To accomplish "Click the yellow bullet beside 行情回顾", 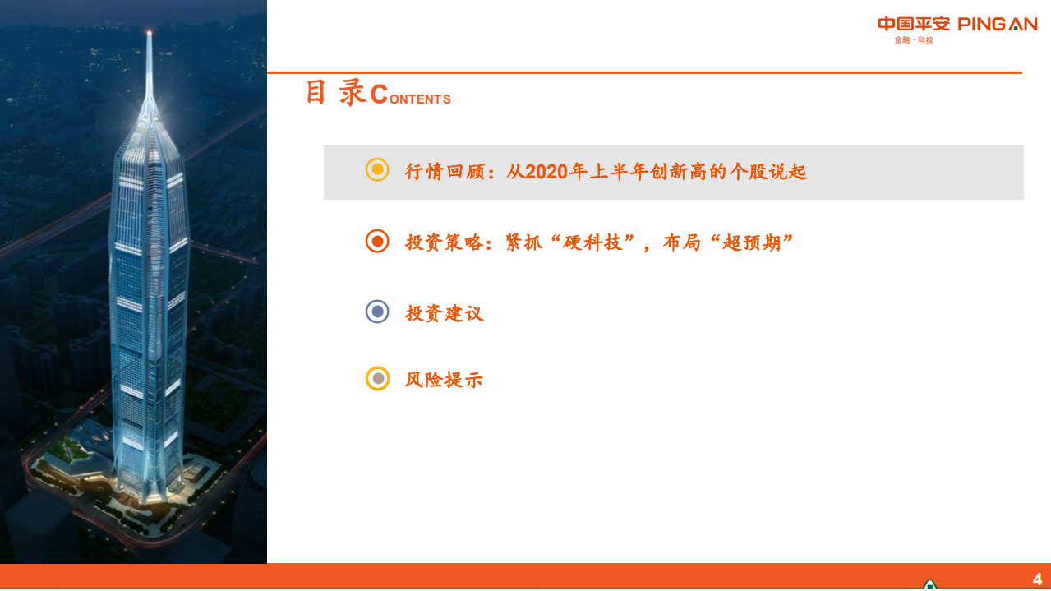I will [377, 170].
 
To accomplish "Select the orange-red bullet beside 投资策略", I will [377, 241].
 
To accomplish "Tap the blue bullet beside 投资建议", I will [377, 312].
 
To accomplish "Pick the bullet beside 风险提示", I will [377, 378].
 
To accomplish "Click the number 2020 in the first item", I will [546, 172].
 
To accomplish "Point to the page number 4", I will [1037, 579].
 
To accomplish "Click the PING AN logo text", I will [998, 24].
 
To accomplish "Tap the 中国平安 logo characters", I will [914, 24].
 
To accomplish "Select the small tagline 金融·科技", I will [914, 40].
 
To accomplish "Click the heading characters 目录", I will [335, 93].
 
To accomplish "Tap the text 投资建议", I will [444, 313].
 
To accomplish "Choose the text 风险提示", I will [444, 380].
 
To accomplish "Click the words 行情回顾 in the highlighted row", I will [445, 172].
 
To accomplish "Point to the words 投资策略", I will [445, 242].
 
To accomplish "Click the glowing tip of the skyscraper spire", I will [150, 33].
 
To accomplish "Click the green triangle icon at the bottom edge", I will [929, 584].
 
